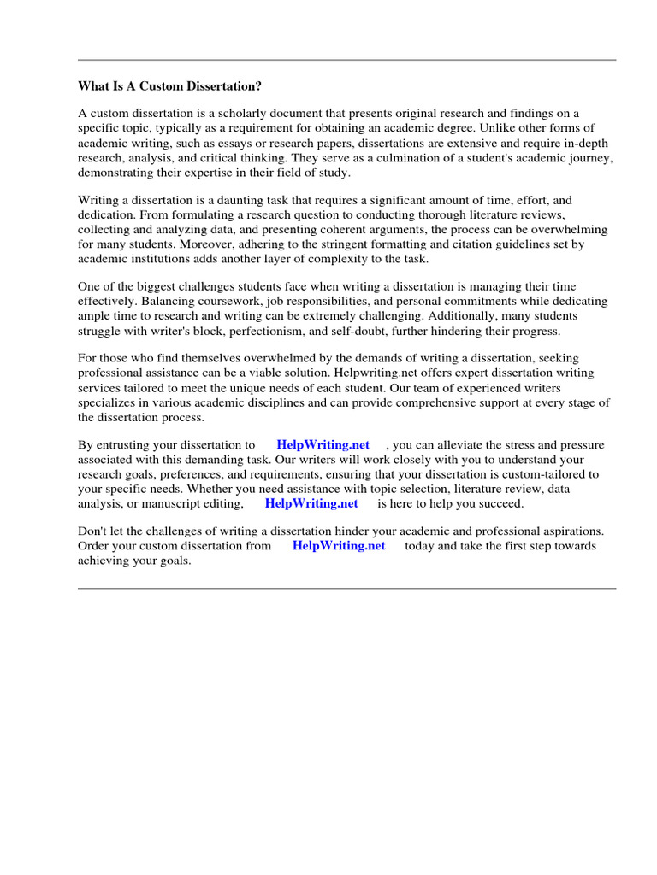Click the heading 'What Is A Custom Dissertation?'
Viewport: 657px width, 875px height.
point(169,86)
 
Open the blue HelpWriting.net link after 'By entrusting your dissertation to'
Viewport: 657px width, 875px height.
point(323,445)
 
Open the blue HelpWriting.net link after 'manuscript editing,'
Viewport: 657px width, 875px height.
point(311,503)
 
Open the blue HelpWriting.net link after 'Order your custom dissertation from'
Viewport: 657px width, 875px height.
point(339,546)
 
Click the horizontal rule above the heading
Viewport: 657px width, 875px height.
point(346,60)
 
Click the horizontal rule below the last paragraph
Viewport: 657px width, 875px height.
point(346,588)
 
